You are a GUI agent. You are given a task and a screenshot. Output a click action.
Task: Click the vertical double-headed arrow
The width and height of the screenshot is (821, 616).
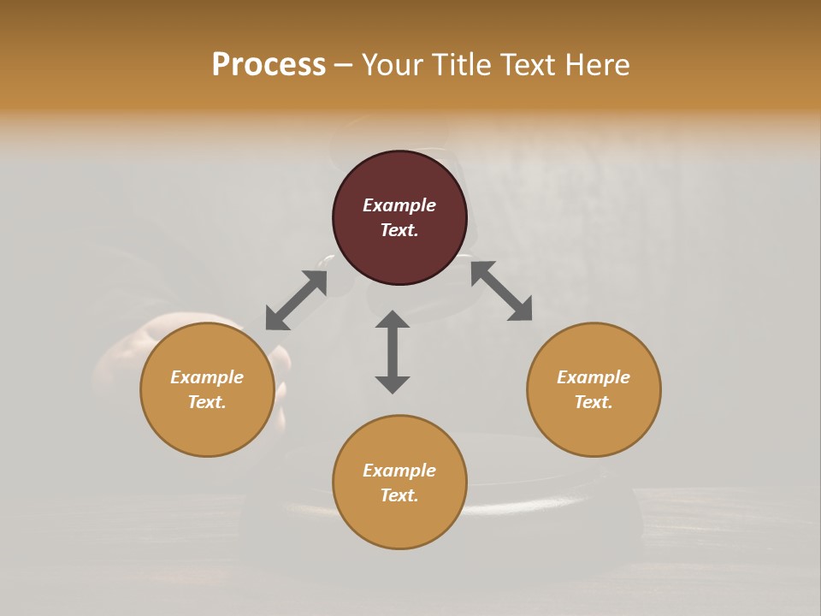coord(393,352)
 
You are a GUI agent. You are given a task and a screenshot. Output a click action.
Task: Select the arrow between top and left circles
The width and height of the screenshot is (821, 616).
coord(296,300)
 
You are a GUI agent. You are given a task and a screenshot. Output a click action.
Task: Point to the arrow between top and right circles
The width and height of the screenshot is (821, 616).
coord(501,291)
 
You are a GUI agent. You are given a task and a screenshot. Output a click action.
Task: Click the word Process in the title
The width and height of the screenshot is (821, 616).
coord(269,65)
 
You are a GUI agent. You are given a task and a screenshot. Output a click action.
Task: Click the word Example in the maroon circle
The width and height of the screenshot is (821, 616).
coord(399,205)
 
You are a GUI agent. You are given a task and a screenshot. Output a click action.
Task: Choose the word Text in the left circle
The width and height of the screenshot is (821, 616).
coord(206,402)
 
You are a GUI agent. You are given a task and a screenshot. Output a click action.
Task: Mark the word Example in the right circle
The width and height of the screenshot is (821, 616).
coord(594,377)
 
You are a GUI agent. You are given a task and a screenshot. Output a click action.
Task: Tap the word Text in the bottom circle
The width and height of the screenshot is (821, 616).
coord(399,495)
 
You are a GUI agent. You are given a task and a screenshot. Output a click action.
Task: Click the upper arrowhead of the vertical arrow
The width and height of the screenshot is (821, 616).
coord(393,319)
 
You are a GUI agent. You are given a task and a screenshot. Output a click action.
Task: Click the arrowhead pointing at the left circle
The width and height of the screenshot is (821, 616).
coord(275,319)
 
